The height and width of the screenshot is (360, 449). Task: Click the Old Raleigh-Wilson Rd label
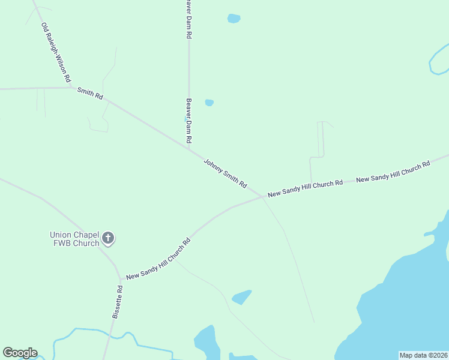56,53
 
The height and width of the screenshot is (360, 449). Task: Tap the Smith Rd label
90,93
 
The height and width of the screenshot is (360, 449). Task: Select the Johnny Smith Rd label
225,174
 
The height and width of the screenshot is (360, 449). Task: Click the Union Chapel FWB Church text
74,239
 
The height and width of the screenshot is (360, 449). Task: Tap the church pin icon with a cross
108,239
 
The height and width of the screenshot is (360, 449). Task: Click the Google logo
20,353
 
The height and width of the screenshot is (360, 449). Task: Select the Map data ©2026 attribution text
424,355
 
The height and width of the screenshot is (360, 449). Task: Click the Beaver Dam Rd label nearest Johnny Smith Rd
188,120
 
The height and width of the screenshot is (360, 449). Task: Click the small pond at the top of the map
234,19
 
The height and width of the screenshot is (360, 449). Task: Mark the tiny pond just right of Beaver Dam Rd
209,103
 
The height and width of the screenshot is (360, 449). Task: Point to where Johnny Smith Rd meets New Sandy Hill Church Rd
262,197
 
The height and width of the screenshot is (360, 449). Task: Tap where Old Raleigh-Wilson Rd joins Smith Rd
73,88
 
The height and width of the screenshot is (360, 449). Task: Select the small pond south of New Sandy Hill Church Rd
241,297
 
